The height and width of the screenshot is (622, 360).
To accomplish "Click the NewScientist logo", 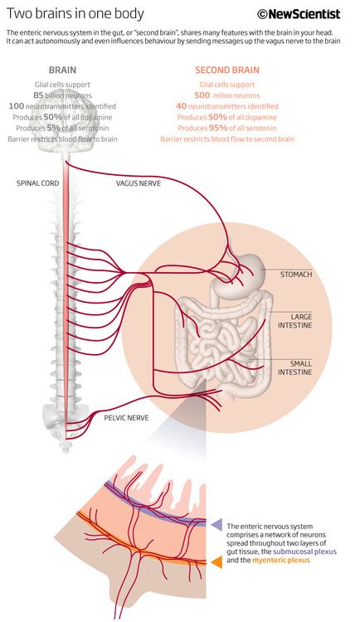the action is [x=299, y=14].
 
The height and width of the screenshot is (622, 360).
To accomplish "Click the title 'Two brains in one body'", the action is [x=75, y=14].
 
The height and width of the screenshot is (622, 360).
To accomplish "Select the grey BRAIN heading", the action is [x=62, y=70].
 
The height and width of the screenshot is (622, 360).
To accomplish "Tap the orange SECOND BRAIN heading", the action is [x=227, y=70].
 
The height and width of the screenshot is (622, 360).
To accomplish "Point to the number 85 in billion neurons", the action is [x=38, y=95].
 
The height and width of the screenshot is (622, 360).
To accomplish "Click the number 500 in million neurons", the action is [x=202, y=95].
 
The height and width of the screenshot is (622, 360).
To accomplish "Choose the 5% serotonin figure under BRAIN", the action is [x=53, y=128].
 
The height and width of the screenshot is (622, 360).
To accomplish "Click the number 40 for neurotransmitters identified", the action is [x=181, y=106].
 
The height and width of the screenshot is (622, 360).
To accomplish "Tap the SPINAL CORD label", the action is [x=37, y=183].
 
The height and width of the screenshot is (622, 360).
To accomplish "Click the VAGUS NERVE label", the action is [x=139, y=183].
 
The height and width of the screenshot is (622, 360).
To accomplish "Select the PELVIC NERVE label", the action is [x=127, y=418].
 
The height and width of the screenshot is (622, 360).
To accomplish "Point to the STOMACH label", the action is [x=296, y=275].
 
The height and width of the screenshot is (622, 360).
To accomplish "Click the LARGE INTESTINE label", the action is [x=295, y=321].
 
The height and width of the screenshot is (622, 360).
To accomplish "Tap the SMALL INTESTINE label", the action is [x=295, y=367].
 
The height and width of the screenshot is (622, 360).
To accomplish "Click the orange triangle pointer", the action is [x=216, y=562].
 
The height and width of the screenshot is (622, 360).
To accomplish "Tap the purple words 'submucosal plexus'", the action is [x=304, y=552].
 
